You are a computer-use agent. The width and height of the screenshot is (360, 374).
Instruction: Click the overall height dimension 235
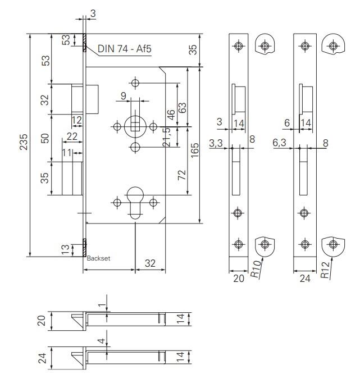22,145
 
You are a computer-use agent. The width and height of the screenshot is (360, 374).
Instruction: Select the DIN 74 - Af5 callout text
124,48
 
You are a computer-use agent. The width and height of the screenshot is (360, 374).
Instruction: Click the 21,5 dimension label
167,138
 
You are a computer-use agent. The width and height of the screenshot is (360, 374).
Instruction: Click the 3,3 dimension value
216,144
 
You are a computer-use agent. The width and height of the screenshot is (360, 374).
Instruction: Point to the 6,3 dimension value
280,144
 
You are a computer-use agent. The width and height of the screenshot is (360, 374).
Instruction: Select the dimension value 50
46,138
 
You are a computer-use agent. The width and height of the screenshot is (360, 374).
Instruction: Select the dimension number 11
67,152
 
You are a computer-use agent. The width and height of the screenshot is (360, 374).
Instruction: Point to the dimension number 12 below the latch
77,120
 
